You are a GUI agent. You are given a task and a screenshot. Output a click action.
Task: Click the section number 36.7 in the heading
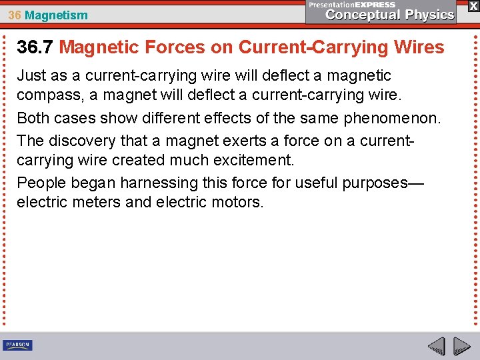tap(35, 47)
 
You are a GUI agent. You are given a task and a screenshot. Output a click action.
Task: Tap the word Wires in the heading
tap(417, 47)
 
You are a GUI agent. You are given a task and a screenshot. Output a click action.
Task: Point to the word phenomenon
tap(397, 119)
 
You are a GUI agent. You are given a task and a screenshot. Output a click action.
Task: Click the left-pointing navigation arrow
tap(436, 346)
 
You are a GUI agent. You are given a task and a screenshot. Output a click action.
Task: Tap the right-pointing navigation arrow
tap(461, 346)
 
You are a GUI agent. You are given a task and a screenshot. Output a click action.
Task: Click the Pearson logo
tap(17, 345)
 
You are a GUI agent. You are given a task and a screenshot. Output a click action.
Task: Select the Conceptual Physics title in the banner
tap(390, 15)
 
